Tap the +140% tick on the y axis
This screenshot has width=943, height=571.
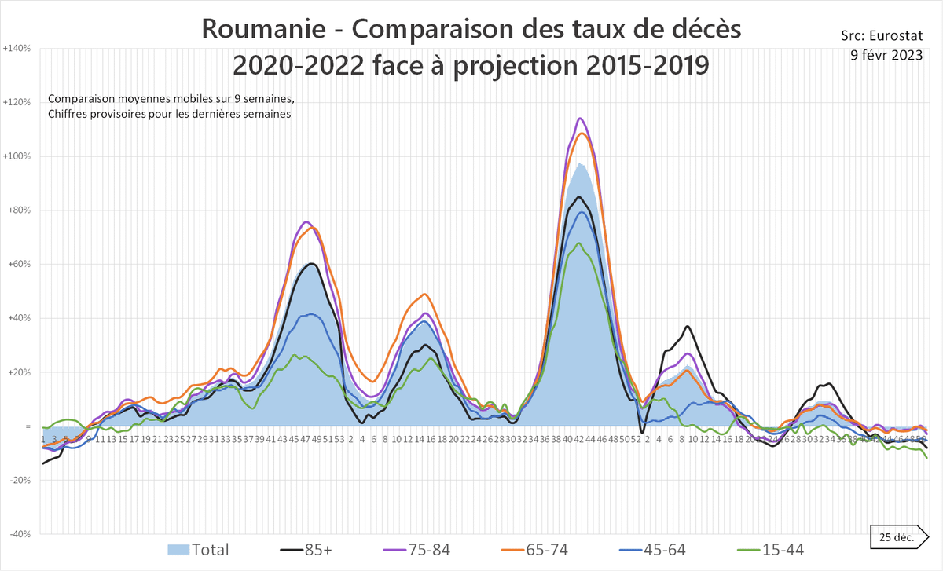[17, 48]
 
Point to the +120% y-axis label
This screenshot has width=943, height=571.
[17, 102]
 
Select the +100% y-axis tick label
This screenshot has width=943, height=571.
[17, 156]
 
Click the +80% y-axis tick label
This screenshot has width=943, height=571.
[17, 210]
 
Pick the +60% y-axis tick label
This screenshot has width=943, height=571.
[17, 264]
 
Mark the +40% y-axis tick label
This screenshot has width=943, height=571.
[17, 318]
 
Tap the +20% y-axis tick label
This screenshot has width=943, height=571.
[17, 372]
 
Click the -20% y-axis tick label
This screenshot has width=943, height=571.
[17, 480]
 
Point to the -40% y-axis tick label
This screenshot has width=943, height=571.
[17, 534]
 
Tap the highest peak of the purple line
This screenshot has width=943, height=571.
[580, 119]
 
